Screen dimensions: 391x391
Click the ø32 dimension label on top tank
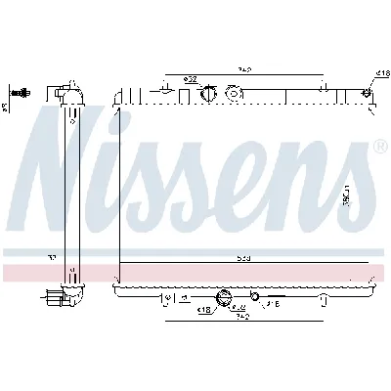(x=192, y=79)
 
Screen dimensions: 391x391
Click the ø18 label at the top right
(x=381, y=73)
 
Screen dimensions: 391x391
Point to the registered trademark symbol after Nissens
(x=378, y=148)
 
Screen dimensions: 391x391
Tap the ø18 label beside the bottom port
(x=205, y=310)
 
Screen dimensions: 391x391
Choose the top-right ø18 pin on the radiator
(x=368, y=93)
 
